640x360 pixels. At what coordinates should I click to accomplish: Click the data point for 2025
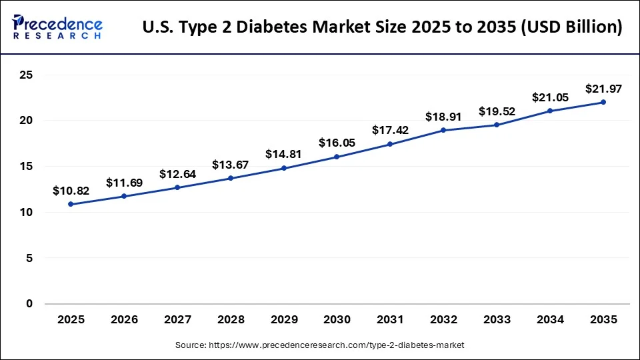coord(71,204)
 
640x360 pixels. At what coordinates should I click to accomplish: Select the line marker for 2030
coord(337,157)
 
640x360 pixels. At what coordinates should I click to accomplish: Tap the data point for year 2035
coord(603,102)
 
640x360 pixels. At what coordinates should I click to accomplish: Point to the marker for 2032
coord(443,130)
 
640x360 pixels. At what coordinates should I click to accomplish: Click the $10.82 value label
coord(71,191)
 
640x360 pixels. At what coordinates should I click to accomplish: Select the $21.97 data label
coord(603,89)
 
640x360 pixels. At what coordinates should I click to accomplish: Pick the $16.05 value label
coord(337,143)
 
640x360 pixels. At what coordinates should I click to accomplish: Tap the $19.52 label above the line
coord(497,111)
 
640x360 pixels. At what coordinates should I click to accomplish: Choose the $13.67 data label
coord(231,165)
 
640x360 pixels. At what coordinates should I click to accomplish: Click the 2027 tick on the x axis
coord(177,319)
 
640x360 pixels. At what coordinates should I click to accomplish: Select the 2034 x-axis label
coord(550,319)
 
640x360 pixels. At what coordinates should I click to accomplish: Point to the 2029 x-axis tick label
coord(284,319)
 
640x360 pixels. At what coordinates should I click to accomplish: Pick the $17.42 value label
coord(390,131)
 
